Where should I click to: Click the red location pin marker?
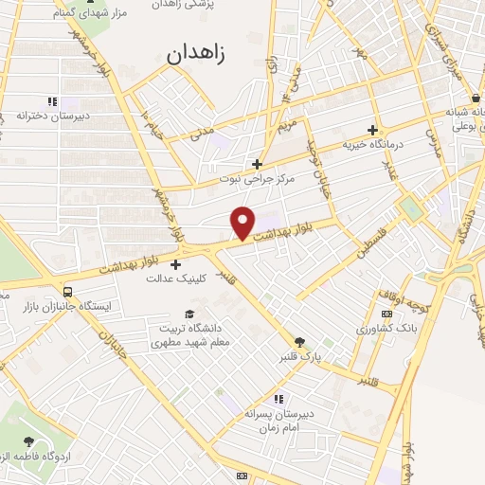(243, 221)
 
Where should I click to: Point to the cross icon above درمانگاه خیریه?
(372, 130)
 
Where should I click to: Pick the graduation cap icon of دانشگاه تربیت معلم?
(189, 314)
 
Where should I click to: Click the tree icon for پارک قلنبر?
(300, 343)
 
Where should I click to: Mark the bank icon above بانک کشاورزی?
(386, 314)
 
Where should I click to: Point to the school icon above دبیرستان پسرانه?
(278, 399)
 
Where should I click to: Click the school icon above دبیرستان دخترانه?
(52, 100)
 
